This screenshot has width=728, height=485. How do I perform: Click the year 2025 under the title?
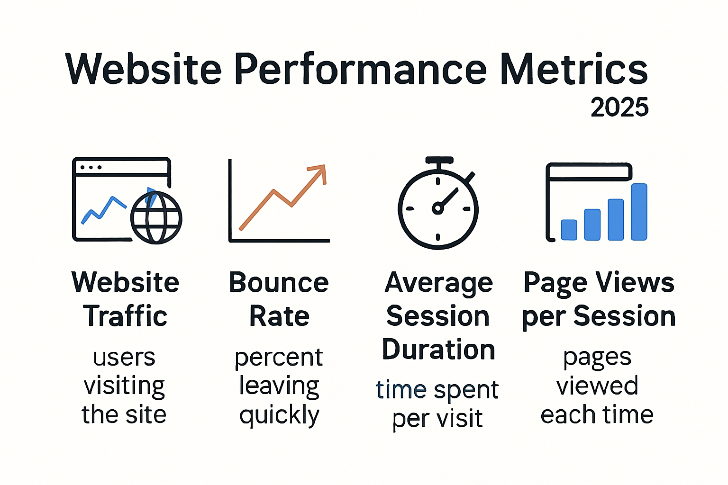[619, 108]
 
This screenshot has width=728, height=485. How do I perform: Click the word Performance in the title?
[360, 70]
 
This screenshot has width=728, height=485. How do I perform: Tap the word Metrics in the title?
[574, 70]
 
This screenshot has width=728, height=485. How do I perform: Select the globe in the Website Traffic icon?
[156, 217]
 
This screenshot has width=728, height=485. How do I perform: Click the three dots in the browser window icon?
[91, 167]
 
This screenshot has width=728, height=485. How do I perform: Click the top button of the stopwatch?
[439, 161]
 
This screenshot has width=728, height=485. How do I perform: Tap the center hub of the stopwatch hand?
[437, 208]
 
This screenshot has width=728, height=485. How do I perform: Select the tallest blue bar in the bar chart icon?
[639, 212]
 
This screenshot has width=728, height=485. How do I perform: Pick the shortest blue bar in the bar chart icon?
[569, 230]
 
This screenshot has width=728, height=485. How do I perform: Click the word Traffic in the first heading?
[125, 316]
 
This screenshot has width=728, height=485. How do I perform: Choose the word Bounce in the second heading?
[279, 283]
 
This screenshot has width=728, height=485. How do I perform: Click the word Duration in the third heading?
[438, 350]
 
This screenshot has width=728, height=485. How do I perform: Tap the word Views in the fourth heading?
[635, 283]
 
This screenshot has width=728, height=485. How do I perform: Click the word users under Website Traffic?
[124, 358]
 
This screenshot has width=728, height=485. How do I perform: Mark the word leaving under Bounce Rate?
[279, 386]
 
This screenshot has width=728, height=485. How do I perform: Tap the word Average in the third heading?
[438, 284]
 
